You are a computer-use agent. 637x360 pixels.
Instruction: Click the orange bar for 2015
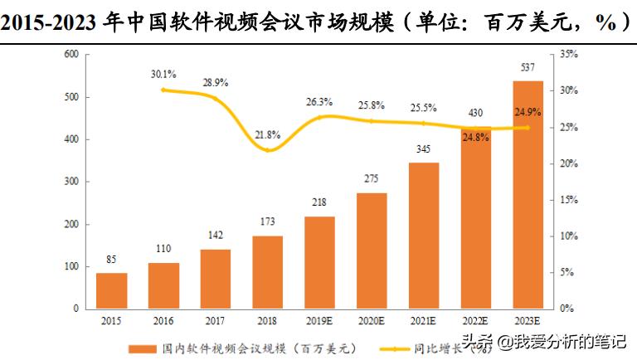112,290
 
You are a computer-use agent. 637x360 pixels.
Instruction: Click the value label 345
423,150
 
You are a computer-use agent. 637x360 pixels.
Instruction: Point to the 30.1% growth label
164,74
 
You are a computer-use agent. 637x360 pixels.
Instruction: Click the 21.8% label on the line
268,134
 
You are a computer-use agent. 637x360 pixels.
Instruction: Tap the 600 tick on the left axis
71,55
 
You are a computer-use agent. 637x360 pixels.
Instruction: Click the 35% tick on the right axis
567,55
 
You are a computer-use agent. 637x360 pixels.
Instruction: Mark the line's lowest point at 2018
267,150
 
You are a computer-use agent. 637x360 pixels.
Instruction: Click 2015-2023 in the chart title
51,22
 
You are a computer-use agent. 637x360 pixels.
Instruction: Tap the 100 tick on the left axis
71,267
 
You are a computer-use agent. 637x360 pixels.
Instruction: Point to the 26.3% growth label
319,102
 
